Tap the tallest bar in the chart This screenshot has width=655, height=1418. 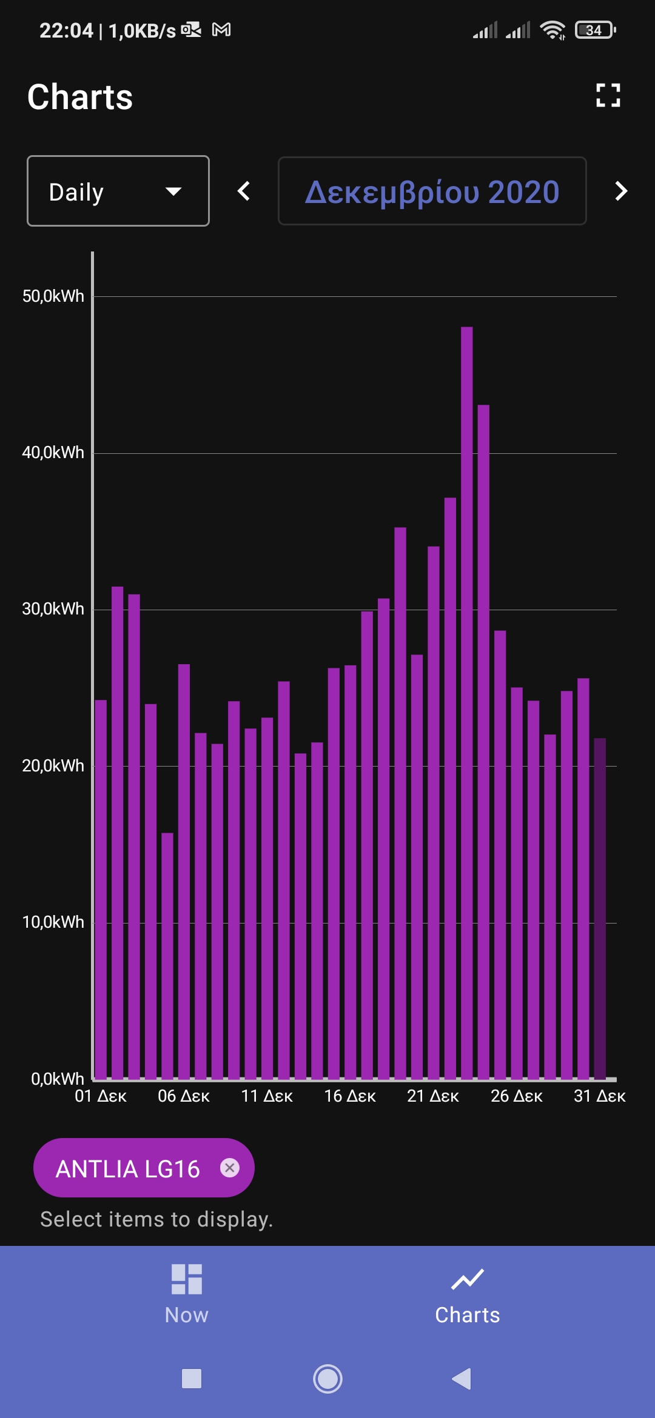pos(466,703)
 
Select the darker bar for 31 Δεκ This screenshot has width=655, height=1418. pos(600,909)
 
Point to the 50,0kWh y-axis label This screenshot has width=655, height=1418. pos(53,296)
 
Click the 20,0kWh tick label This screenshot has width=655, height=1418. pos(53,766)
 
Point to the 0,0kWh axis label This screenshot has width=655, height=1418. pos(57,1079)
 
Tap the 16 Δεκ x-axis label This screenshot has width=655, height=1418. pos(350,1096)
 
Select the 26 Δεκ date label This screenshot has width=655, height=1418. pos(516,1096)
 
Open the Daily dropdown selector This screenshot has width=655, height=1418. pos(118,191)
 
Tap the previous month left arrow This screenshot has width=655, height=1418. pos(244,191)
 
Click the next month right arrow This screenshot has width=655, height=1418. pos(620,191)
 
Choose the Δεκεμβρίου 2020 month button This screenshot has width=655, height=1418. pos(432,191)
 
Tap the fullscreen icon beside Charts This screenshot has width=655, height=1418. pos(608,96)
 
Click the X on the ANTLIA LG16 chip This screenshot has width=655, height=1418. pos(230,1168)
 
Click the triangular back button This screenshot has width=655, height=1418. pos(462,1379)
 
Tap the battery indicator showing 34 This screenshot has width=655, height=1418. pos(594,30)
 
